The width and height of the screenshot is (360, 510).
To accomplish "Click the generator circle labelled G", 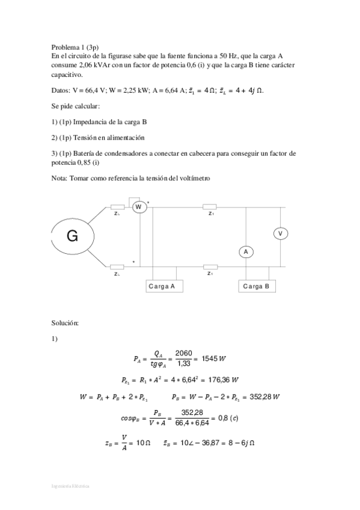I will tap(72, 236).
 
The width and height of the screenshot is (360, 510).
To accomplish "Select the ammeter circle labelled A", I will tap(246, 252).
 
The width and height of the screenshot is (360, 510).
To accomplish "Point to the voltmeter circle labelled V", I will tap(279, 233).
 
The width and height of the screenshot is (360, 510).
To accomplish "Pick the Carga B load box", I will tap(257, 286).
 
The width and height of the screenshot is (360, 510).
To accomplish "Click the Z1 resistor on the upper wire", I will tap(210, 206).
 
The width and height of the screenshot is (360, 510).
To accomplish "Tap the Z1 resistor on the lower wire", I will tap(210, 266).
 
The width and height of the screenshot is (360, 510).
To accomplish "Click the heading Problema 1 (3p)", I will tap(75, 47).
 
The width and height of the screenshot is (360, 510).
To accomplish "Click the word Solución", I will tap(66, 323).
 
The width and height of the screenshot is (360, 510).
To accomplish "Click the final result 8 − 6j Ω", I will tap(240, 442).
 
